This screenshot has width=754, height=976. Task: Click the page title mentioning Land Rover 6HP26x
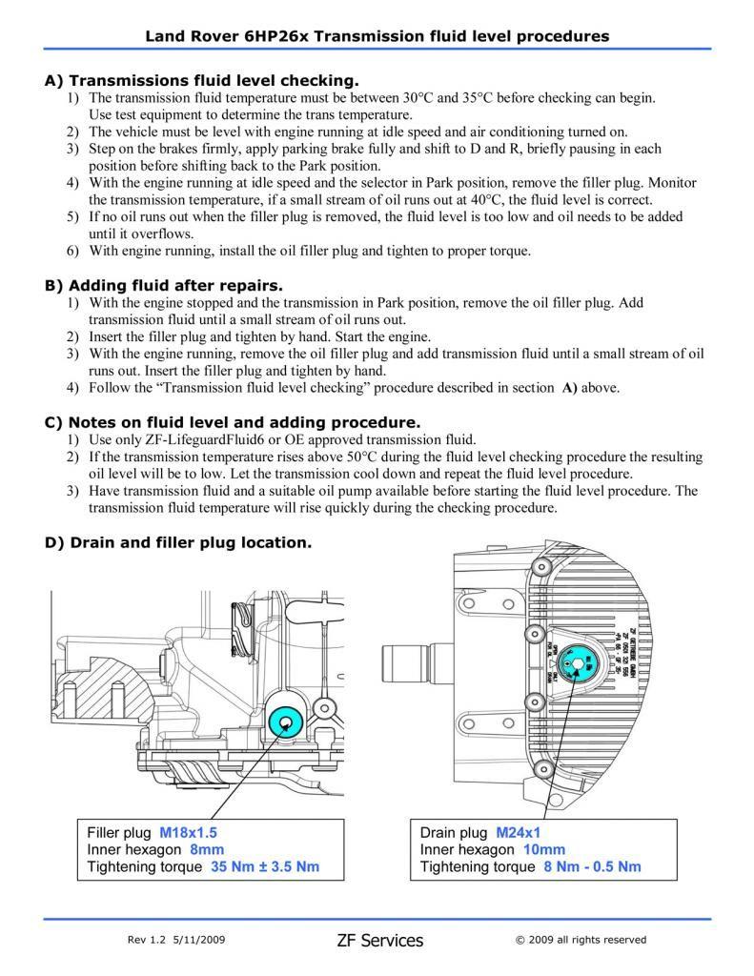coord(377,36)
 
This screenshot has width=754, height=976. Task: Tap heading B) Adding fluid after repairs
coord(164,285)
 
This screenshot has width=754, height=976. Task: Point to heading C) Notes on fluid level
coord(233,421)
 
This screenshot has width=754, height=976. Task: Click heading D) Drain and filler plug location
coord(178,542)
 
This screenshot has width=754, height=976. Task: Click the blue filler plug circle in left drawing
coord(285,722)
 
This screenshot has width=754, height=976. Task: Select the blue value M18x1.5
coord(194,832)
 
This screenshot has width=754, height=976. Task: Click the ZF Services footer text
coord(379,940)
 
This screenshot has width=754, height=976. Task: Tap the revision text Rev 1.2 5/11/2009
coord(176,940)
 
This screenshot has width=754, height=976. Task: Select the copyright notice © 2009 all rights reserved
coord(581,940)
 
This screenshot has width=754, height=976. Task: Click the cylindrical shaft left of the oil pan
coord(408,666)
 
